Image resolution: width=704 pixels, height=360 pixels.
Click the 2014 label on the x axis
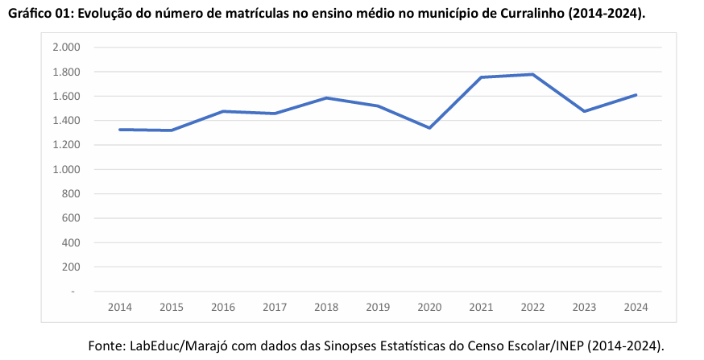[120, 307]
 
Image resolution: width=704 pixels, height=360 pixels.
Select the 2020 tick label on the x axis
[429, 307]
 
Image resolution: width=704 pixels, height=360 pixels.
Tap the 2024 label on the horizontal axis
[636, 307]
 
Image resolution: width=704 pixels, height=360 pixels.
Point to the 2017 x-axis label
[275, 307]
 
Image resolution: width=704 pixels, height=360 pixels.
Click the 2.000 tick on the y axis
[66, 48]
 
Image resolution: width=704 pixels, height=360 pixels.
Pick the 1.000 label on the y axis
[66, 170]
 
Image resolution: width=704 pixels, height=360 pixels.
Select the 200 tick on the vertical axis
[71, 267]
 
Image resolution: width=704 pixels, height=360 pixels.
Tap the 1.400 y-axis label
[66, 121]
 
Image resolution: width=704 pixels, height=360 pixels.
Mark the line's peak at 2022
[532, 75]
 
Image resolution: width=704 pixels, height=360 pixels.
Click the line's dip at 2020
[429, 128]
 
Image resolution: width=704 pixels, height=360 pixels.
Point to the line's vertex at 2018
[326, 98]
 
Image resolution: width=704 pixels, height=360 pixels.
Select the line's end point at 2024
[636, 95]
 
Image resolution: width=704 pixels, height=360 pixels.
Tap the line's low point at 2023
[584, 111]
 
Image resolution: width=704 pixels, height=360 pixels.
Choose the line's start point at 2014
[120, 130]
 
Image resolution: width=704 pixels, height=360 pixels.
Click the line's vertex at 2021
[481, 77]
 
